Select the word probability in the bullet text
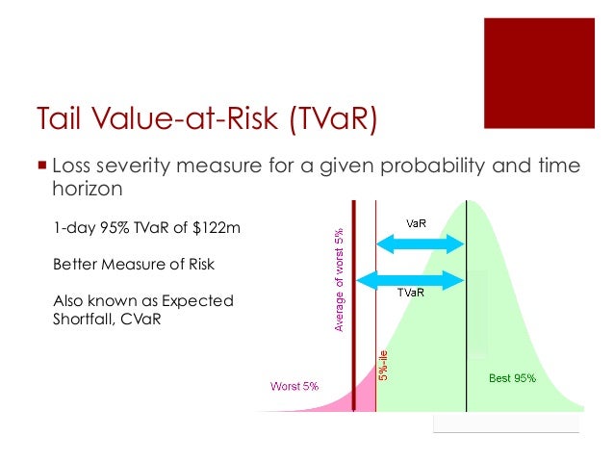[x=431, y=165]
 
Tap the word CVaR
[x=141, y=320]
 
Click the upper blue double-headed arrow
[x=420, y=244]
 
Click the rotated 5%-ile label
[x=385, y=364]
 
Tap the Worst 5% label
[x=294, y=386]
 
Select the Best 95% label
[x=512, y=378]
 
